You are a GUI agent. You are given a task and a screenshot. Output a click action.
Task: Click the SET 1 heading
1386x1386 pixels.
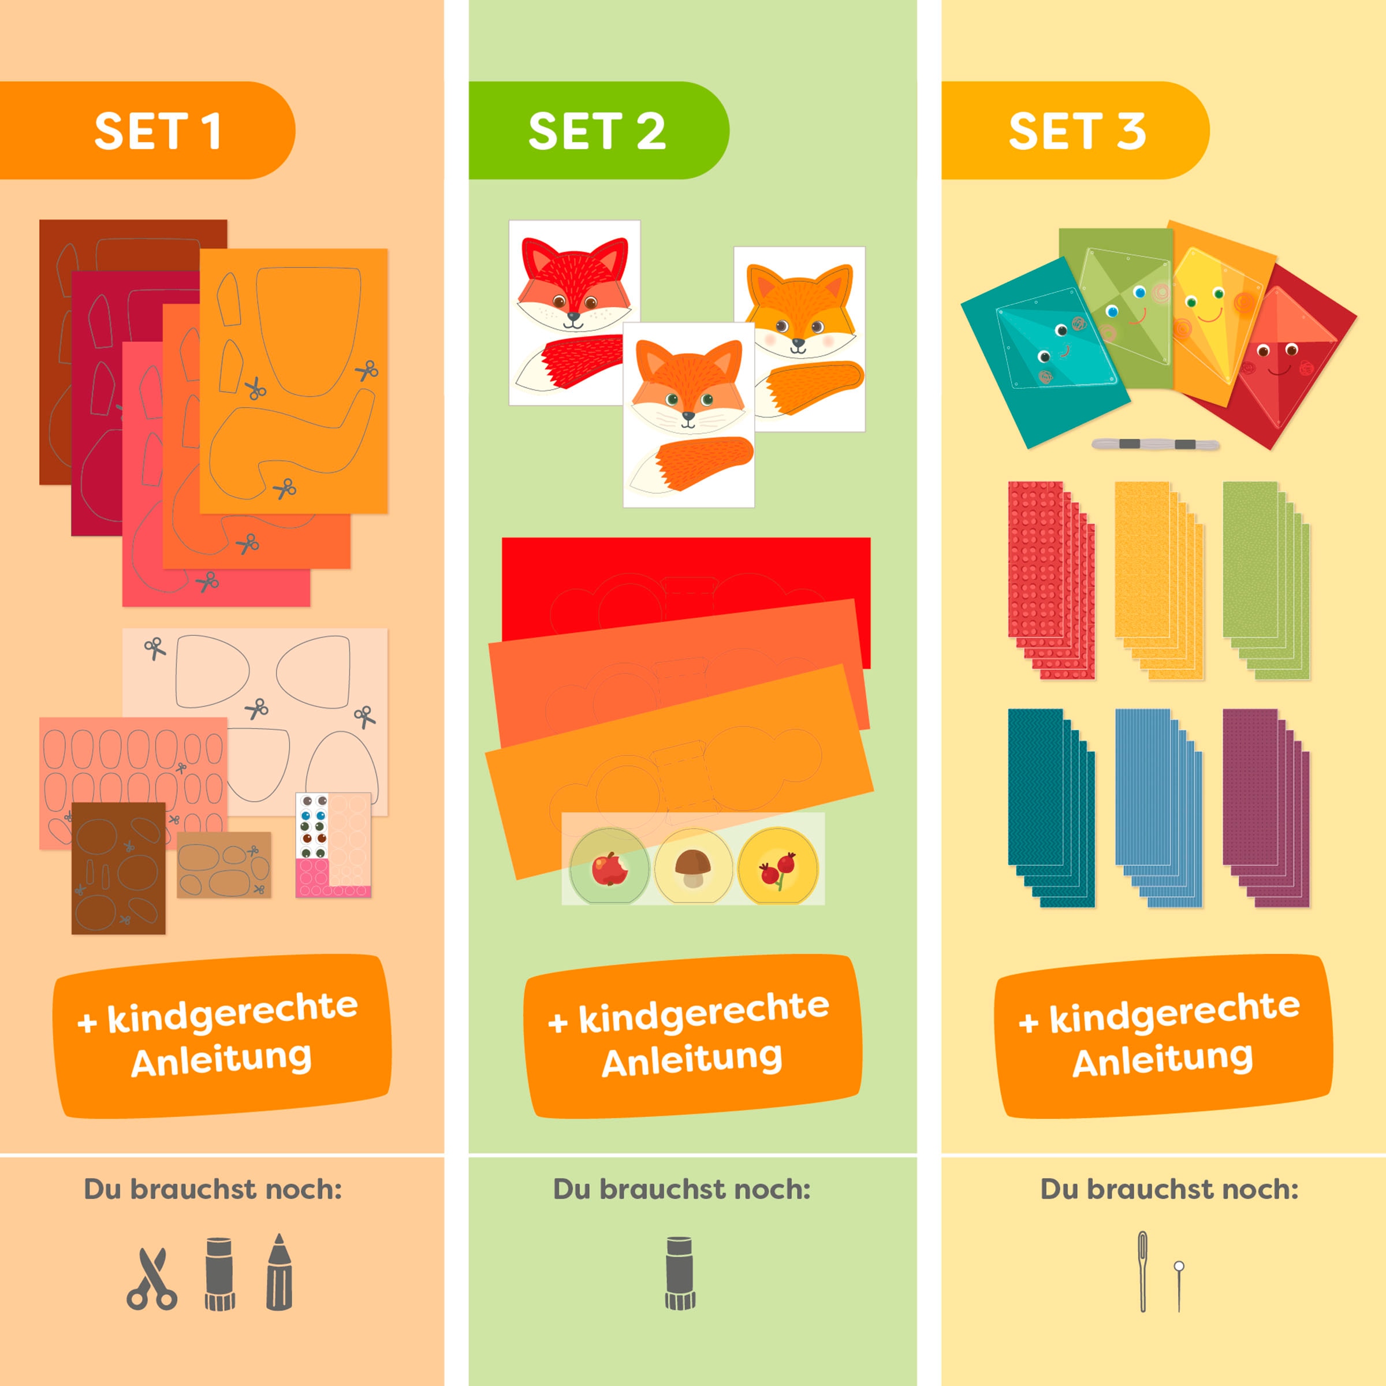point(157,131)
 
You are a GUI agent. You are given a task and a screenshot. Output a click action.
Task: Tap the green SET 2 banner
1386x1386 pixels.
point(597,131)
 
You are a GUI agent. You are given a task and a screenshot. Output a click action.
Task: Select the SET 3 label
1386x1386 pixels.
point(1076,131)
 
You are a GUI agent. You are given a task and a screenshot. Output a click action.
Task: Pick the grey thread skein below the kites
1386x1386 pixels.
point(1155,445)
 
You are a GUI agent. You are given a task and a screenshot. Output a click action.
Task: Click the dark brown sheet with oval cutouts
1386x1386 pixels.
point(118,868)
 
